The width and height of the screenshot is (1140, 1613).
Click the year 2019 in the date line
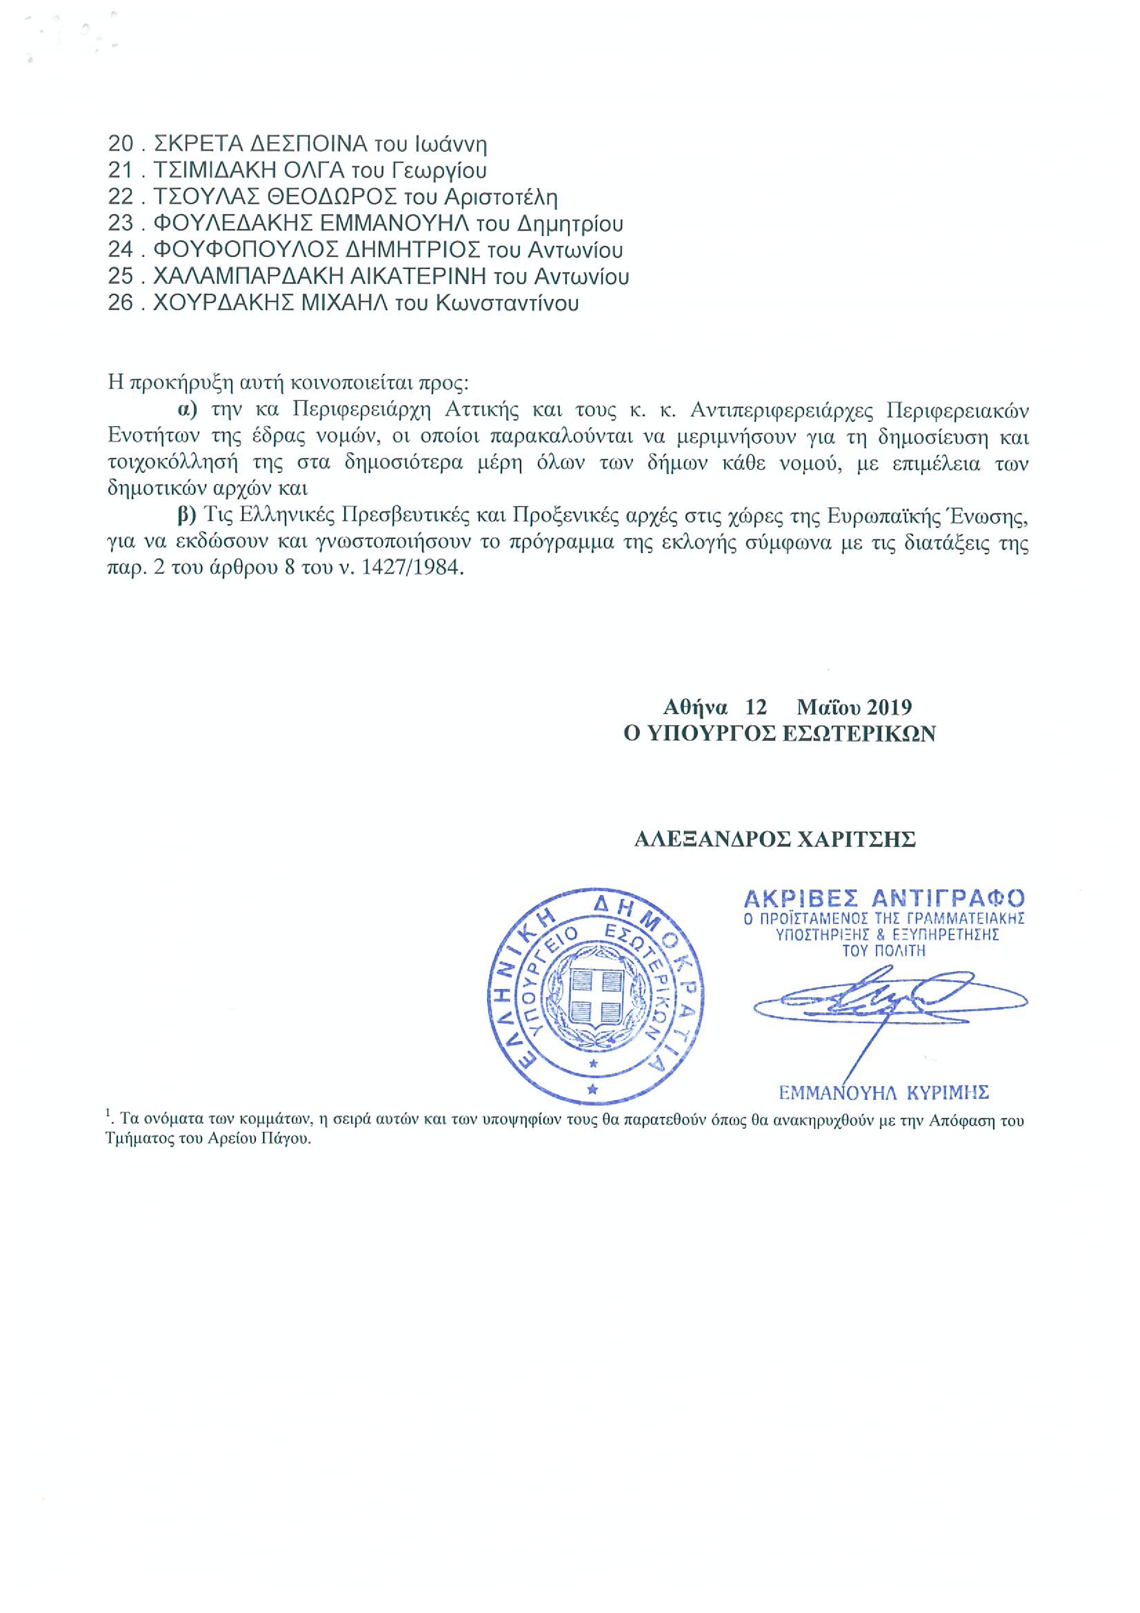[888, 706]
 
